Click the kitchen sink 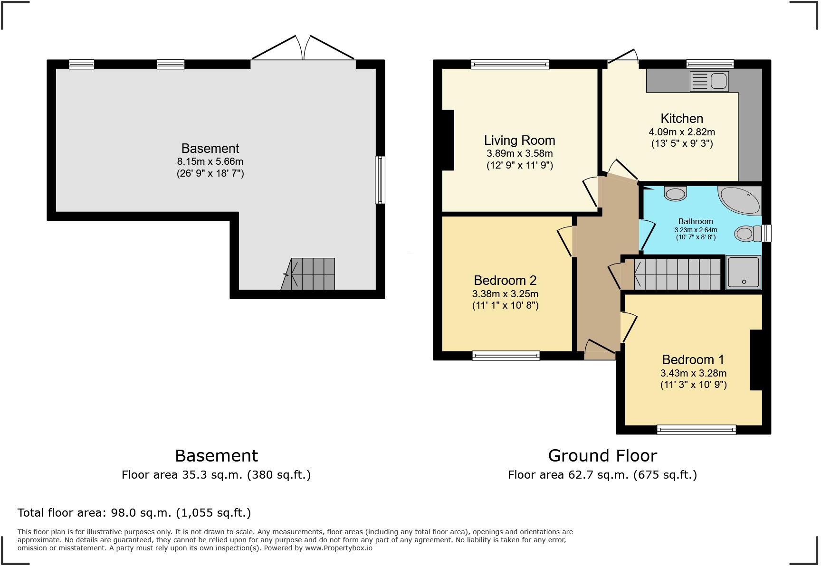click(708, 81)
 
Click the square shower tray click(744, 272)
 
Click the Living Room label click(519, 141)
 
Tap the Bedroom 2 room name click(505, 280)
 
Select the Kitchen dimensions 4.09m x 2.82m click(682, 132)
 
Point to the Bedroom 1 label click(693, 359)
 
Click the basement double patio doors click(303, 47)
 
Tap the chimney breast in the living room click(448, 140)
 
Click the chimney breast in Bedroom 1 click(756, 360)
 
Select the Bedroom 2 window click(506, 356)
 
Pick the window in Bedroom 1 click(697, 430)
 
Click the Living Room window click(510, 65)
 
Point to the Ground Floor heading click(602, 456)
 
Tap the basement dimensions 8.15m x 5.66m click(210, 161)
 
